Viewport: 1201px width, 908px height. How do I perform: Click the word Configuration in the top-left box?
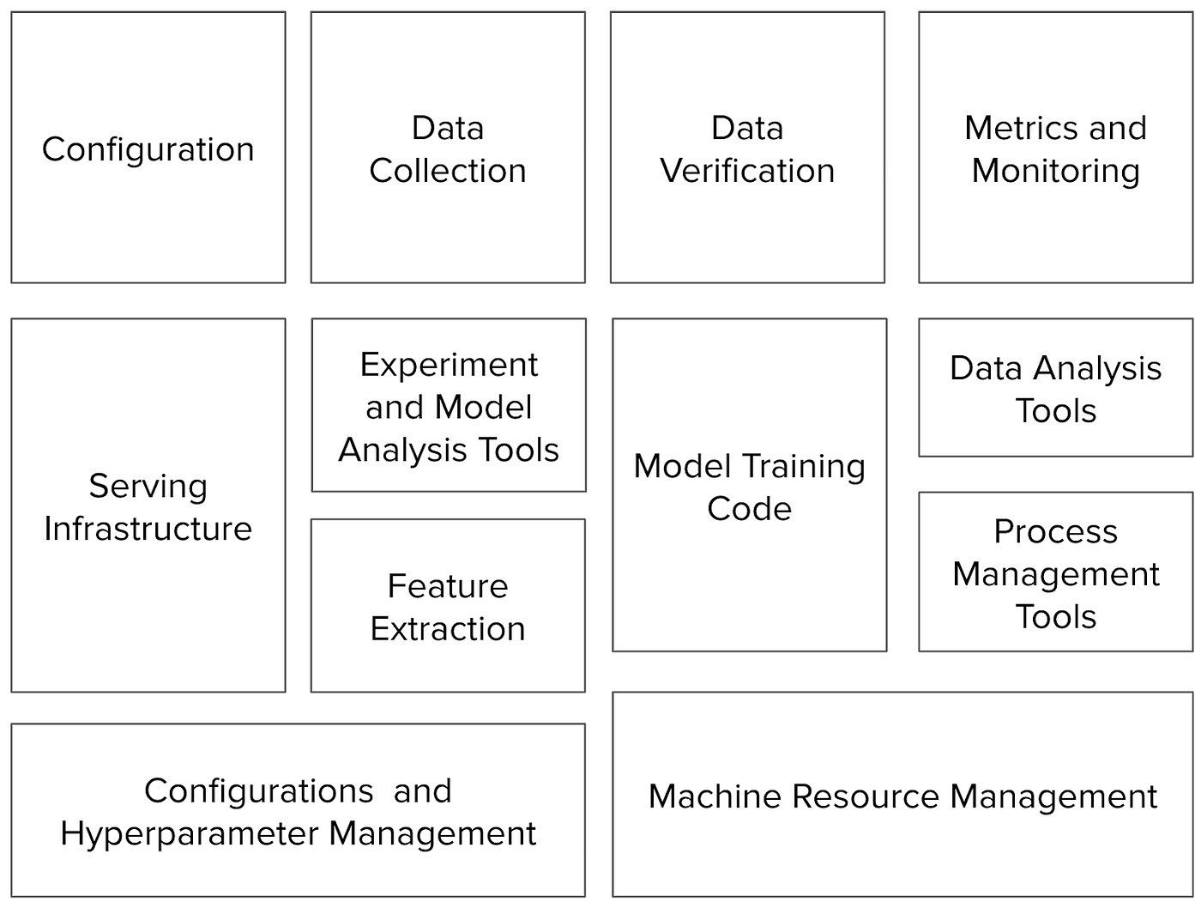148,149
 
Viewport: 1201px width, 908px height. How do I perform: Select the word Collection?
448,171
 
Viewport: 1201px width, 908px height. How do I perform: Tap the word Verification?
747,171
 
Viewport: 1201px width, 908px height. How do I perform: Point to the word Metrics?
1013,129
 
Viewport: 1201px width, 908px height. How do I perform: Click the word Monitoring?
1056,171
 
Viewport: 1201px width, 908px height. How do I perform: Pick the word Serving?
148,487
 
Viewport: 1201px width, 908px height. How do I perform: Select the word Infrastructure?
148,529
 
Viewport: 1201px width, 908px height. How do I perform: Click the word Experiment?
449,366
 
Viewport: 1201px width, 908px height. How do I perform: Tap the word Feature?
448,586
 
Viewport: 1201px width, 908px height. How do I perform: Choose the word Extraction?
448,629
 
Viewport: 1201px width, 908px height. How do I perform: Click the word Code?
749,509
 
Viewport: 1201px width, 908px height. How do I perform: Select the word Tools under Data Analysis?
1056,411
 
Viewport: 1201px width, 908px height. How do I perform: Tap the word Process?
1056,532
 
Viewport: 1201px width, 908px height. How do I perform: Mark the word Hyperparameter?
190,833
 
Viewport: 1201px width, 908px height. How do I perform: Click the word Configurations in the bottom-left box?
258,791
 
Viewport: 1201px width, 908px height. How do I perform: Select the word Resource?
866,796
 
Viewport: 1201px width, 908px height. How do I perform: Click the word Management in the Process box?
1056,574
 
